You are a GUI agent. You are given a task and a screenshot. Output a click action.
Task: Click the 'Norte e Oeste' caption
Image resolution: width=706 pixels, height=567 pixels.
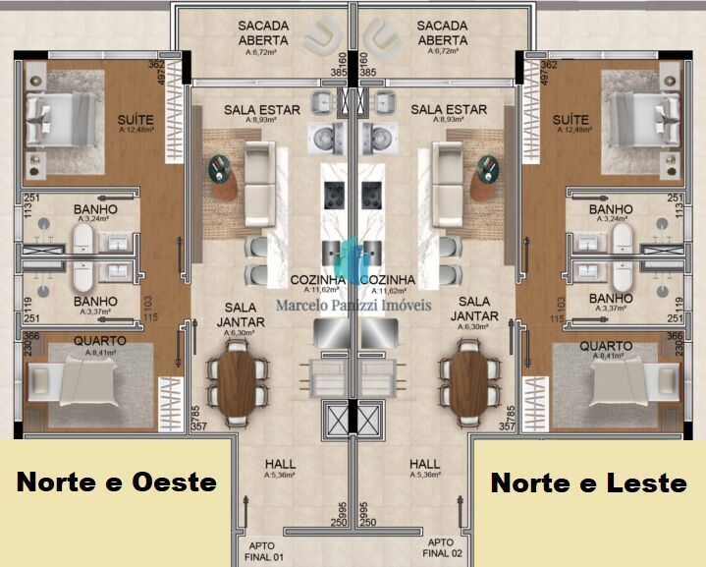(117, 482)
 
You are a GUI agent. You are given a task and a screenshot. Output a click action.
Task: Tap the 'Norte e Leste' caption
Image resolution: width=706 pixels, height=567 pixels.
(588, 482)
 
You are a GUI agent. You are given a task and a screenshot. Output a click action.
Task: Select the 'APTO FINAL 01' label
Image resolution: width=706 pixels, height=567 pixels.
(264, 549)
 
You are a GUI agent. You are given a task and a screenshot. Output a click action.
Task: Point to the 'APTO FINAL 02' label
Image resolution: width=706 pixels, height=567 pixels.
(442, 549)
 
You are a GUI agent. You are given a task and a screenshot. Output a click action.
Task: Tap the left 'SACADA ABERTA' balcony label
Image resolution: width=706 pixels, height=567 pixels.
(263, 32)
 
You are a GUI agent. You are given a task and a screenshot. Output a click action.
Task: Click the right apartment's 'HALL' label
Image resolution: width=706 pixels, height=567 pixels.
(425, 464)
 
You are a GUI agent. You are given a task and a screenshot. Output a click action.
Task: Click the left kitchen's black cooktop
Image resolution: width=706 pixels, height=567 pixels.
(333, 194)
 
